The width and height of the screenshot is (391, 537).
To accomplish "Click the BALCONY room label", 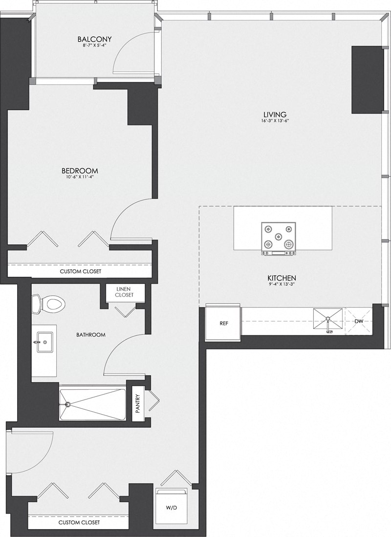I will (x=95, y=39).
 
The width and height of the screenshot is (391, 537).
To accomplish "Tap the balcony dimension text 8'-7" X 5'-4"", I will (x=95, y=46).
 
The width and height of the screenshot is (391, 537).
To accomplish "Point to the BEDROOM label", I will (x=80, y=171).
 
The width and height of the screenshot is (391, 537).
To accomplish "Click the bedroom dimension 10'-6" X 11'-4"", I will (x=80, y=177).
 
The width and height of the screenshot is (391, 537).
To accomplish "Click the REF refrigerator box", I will (x=224, y=323).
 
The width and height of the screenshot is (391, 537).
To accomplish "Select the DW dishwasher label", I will (x=359, y=321).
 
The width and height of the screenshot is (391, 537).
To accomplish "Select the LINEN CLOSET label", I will (x=124, y=292).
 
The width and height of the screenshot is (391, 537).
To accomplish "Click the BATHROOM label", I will (x=91, y=335).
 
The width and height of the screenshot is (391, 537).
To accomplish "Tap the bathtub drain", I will (x=67, y=404).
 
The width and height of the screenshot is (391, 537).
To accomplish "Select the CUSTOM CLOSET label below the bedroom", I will (x=81, y=271).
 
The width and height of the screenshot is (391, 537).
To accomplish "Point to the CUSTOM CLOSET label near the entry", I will (x=79, y=523).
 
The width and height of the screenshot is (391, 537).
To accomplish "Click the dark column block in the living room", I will (x=367, y=80).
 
